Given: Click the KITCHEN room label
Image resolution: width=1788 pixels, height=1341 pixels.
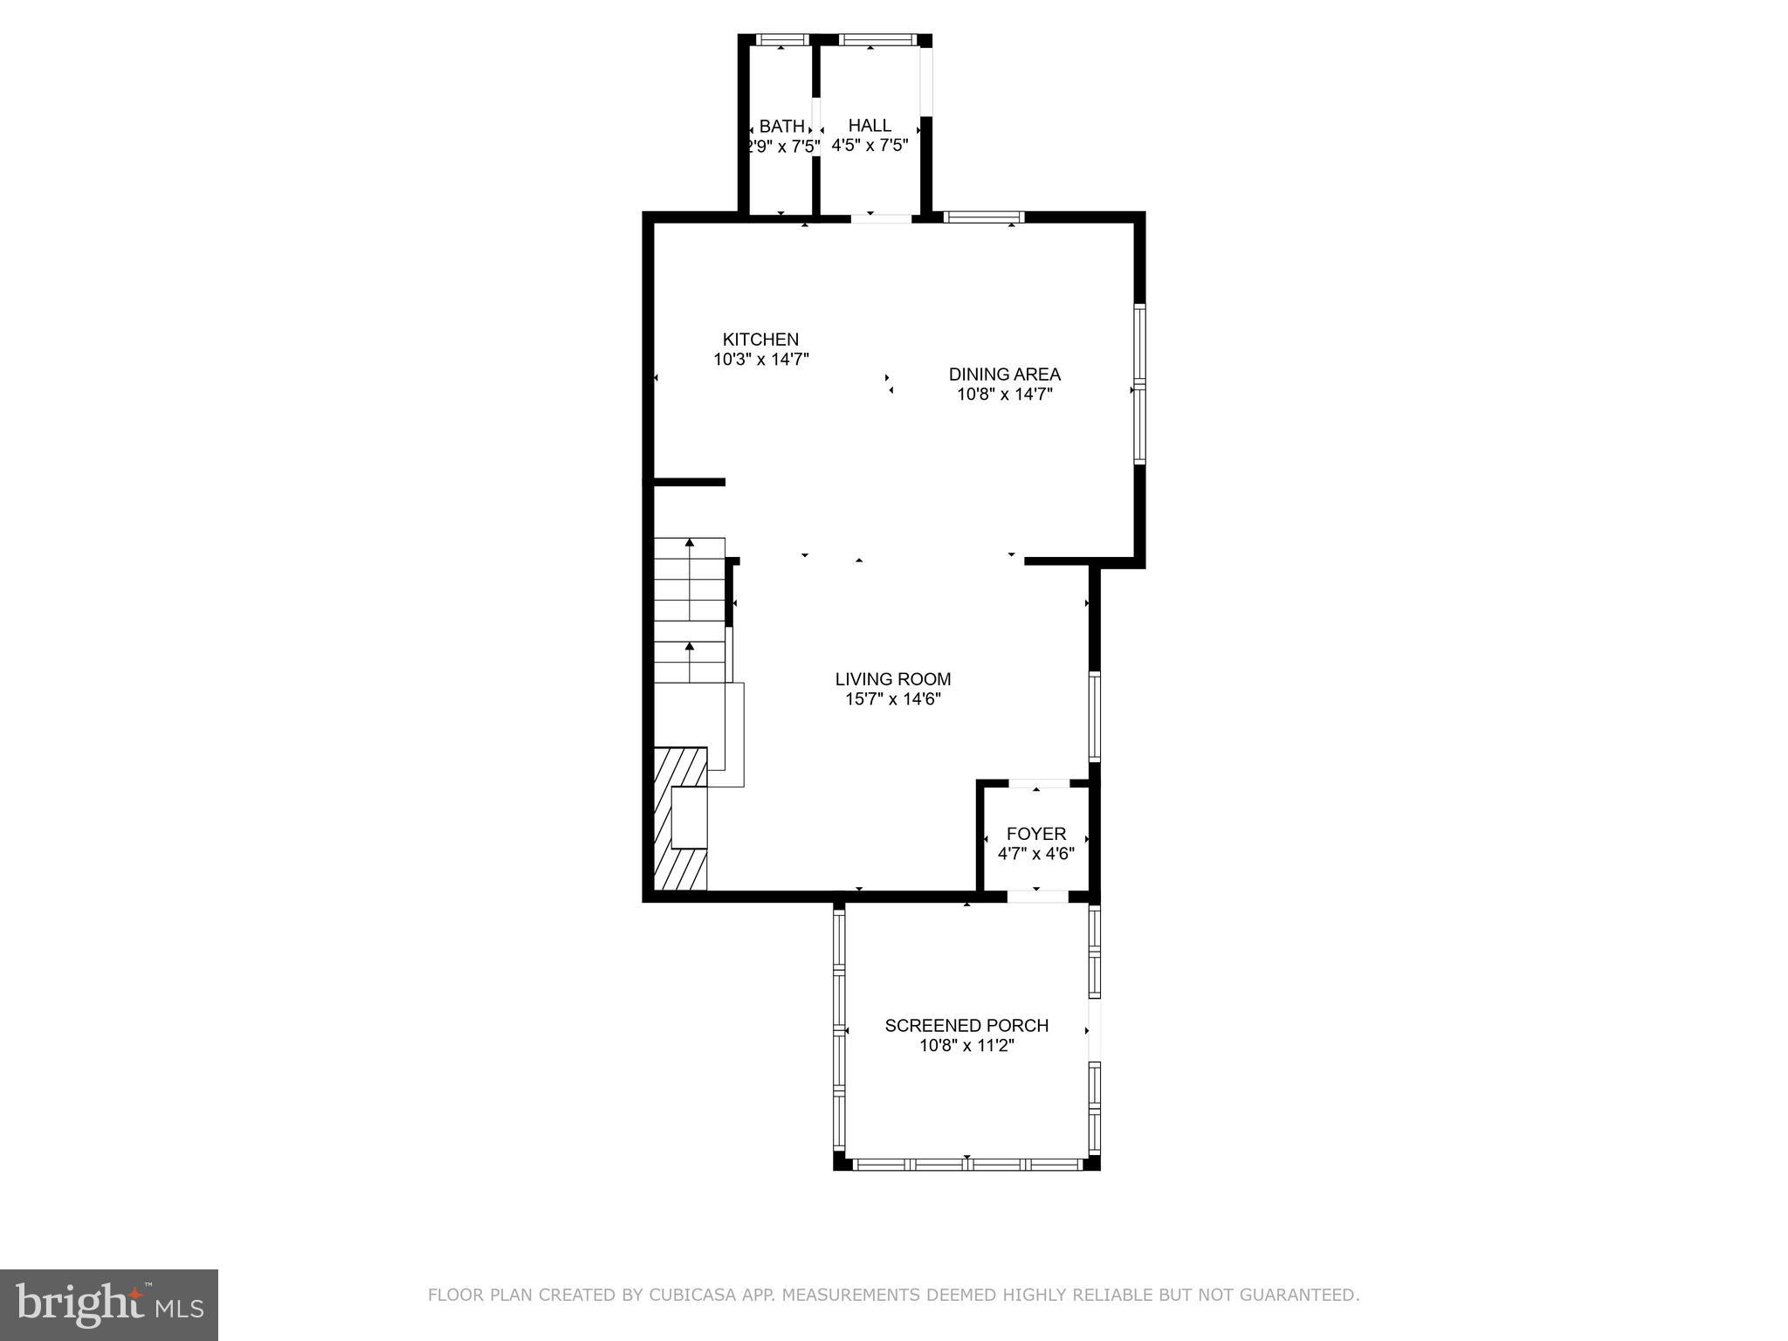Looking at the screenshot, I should [760, 340].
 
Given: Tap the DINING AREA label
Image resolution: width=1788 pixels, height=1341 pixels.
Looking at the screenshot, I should [1004, 375].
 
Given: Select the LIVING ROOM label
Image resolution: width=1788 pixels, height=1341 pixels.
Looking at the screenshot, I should [892, 679].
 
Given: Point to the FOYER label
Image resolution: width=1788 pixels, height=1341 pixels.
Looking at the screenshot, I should [1035, 834].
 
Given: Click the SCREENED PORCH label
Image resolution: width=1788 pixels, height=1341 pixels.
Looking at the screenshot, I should [966, 1025].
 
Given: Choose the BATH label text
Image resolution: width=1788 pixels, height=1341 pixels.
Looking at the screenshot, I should [781, 127].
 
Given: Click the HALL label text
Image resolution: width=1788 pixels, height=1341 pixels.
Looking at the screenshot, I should [870, 126].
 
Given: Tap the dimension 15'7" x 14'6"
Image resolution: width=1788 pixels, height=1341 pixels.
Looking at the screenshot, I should [892, 699].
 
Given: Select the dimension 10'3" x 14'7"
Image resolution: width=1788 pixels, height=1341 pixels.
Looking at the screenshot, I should [761, 359].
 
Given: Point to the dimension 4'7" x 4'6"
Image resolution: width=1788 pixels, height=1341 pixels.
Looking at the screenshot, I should [1035, 854].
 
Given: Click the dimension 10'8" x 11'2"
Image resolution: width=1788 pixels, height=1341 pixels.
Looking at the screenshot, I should [966, 1045].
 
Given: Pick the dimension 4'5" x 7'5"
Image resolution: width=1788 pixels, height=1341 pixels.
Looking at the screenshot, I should [870, 146].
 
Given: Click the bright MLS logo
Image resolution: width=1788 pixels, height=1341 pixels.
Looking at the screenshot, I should [109, 1304].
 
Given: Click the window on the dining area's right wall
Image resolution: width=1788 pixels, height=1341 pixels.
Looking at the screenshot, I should [1139, 383].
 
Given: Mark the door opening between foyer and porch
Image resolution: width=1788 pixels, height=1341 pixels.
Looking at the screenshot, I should [1037, 896].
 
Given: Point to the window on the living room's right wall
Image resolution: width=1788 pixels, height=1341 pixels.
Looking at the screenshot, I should [1094, 716].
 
